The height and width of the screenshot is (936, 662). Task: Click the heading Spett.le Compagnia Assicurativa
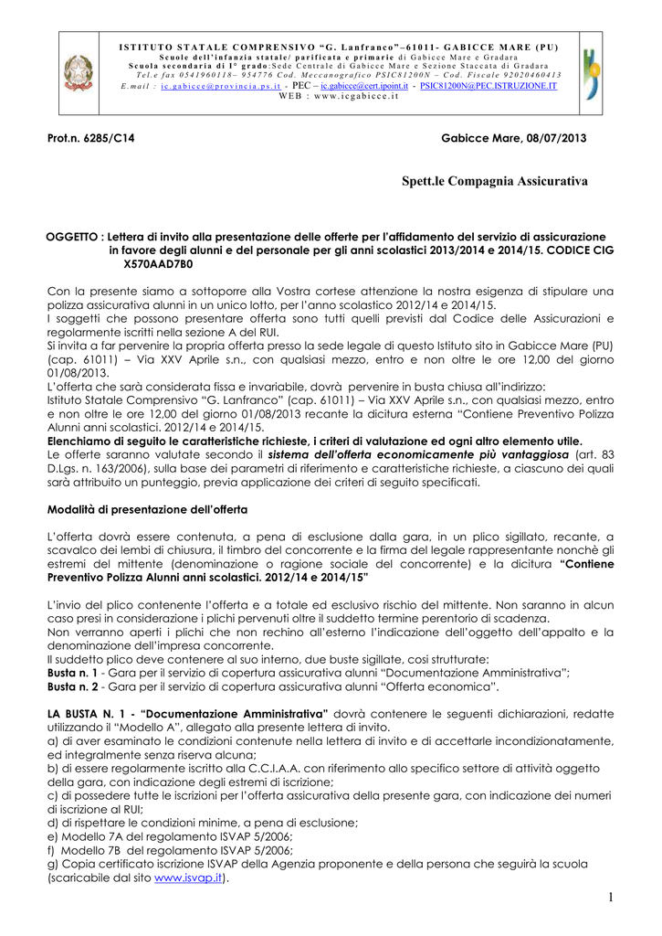click(495, 182)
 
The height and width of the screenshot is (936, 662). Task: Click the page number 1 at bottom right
click(610, 899)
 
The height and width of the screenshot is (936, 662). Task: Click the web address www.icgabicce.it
click(355, 96)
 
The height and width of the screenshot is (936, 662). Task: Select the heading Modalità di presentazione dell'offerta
click(148, 507)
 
